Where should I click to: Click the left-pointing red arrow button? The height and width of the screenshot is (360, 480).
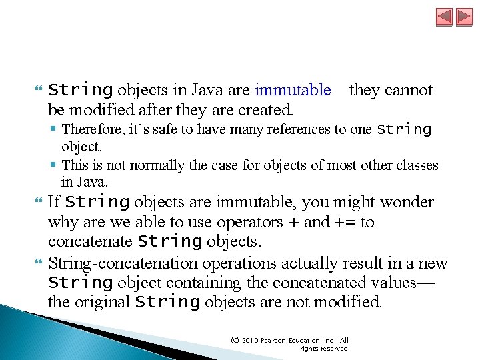tap(445, 17)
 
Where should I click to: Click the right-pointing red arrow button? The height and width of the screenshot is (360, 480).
tap(463, 17)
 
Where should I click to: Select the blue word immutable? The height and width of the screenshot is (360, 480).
tap(293, 90)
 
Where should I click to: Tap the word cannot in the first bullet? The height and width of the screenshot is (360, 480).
tap(409, 90)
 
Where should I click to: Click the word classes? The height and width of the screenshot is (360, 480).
tap(417, 165)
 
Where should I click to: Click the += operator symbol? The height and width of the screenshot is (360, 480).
tap(344, 222)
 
